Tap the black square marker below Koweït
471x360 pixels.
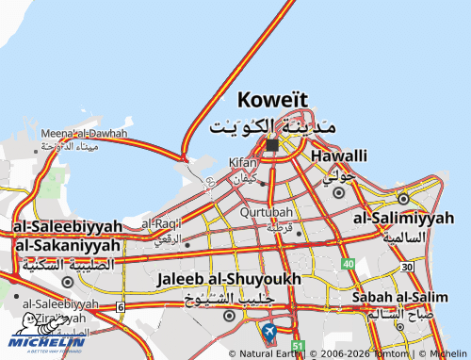[272, 145]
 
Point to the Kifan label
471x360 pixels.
[243, 162]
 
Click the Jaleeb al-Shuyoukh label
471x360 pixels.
[230, 279]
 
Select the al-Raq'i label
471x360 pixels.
[161, 224]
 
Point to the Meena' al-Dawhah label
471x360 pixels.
[83, 134]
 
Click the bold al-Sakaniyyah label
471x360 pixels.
[67, 245]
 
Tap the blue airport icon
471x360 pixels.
[269, 332]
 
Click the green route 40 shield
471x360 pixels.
[348, 264]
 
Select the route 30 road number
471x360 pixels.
[406, 267]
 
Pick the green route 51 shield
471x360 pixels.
[298, 349]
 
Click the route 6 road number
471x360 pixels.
[120, 307]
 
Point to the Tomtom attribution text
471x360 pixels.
[381, 353]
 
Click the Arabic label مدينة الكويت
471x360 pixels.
[272, 125]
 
